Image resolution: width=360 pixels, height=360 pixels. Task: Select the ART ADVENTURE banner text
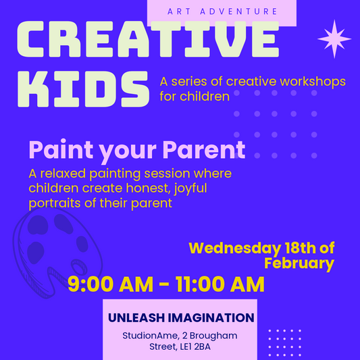221,11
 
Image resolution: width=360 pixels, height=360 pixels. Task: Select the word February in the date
299,263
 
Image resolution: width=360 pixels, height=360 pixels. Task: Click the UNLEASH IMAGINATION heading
181,317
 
